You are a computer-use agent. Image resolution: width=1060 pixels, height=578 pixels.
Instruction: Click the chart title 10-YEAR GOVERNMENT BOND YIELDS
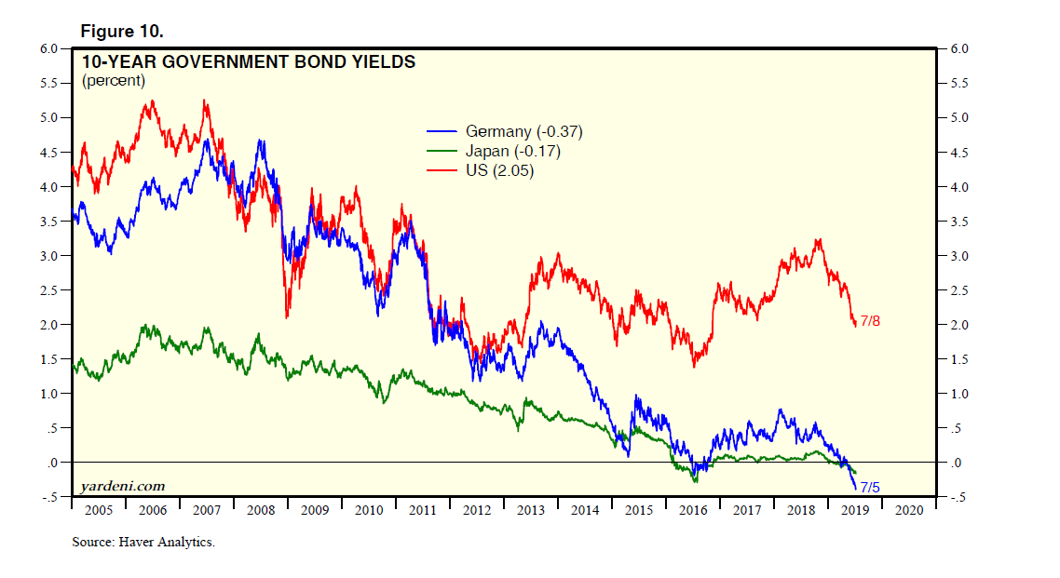coord(249,63)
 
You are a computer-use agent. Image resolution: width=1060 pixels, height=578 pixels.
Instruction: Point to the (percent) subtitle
coord(114,81)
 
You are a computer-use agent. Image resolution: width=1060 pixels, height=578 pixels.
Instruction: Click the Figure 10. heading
coord(122,32)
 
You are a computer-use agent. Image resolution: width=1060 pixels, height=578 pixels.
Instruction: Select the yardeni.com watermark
coord(123,486)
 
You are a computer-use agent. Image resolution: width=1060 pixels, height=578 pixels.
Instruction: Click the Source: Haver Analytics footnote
coord(143,542)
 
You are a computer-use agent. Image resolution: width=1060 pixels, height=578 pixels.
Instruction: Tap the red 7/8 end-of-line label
coord(870,321)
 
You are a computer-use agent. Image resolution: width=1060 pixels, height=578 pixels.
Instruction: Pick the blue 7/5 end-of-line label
coord(871,487)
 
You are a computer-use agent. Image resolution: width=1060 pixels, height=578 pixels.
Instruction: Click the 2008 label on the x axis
coord(261,511)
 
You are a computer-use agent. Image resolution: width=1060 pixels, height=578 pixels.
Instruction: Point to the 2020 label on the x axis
coord(909,511)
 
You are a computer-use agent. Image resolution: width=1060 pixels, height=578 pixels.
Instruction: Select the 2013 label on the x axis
coord(531,511)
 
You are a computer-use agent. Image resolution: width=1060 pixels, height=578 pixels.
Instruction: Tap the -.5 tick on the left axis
coord(51,497)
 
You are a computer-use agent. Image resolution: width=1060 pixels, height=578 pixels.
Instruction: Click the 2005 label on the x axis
coord(98,511)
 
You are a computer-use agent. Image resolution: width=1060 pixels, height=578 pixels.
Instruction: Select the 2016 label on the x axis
coord(693,511)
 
